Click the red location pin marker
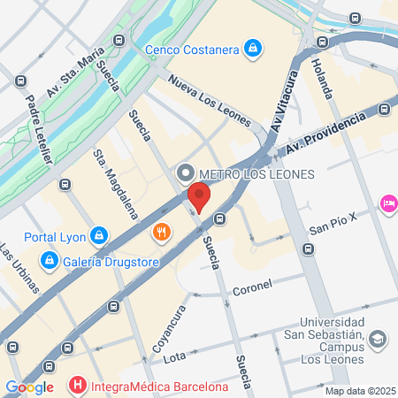pos(200,197)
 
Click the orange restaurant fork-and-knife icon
pos(161,233)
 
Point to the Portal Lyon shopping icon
pos(99,235)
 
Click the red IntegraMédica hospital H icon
pos(79,386)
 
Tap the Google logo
pos(29,387)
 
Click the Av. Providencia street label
pos(330,128)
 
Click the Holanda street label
pos(324,78)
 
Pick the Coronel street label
pos(252,287)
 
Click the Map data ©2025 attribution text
pos(358,391)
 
